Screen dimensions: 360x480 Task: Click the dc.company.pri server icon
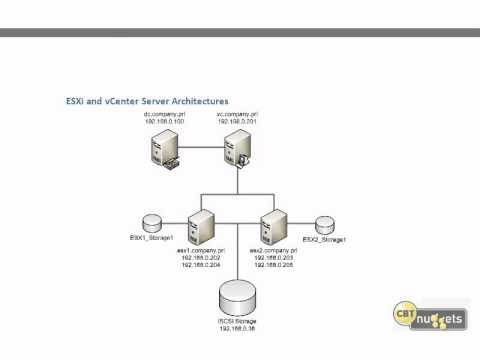(x=161, y=151)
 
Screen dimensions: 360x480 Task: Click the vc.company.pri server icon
(x=237, y=151)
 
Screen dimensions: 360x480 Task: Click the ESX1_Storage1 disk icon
(x=152, y=221)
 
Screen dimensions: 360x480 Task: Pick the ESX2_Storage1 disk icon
(x=324, y=221)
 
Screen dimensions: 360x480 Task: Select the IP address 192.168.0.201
(x=236, y=122)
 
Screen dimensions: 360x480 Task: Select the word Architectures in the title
(x=197, y=101)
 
